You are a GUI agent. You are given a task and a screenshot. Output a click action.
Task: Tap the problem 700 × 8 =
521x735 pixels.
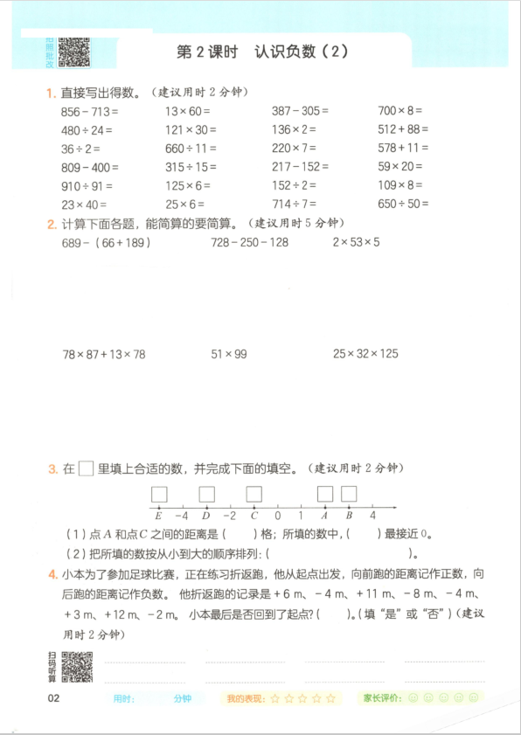point(399,111)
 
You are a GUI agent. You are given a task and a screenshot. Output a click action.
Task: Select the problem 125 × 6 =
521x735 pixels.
point(189,185)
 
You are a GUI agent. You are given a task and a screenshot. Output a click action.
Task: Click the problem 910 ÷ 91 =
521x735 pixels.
point(87,185)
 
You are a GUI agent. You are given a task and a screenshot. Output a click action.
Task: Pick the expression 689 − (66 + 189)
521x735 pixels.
point(107,242)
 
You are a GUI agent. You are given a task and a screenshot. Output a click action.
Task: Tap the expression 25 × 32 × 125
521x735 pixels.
point(365,354)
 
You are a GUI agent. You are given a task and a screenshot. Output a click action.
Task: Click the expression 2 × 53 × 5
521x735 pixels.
point(356,242)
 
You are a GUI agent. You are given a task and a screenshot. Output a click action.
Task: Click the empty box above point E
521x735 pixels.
point(159,494)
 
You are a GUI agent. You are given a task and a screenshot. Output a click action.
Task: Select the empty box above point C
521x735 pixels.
point(254,494)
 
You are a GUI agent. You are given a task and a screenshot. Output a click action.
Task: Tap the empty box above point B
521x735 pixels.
point(349,494)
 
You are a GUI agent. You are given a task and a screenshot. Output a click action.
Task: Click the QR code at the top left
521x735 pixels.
point(74,52)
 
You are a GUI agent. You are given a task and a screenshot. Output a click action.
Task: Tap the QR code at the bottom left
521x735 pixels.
point(77,668)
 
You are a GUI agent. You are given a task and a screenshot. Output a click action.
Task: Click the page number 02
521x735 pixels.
point(54,698)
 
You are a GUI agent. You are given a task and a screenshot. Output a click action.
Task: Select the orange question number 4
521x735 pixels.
point(54,574)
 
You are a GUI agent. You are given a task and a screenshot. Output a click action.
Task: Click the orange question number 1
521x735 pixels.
point(52,93)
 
